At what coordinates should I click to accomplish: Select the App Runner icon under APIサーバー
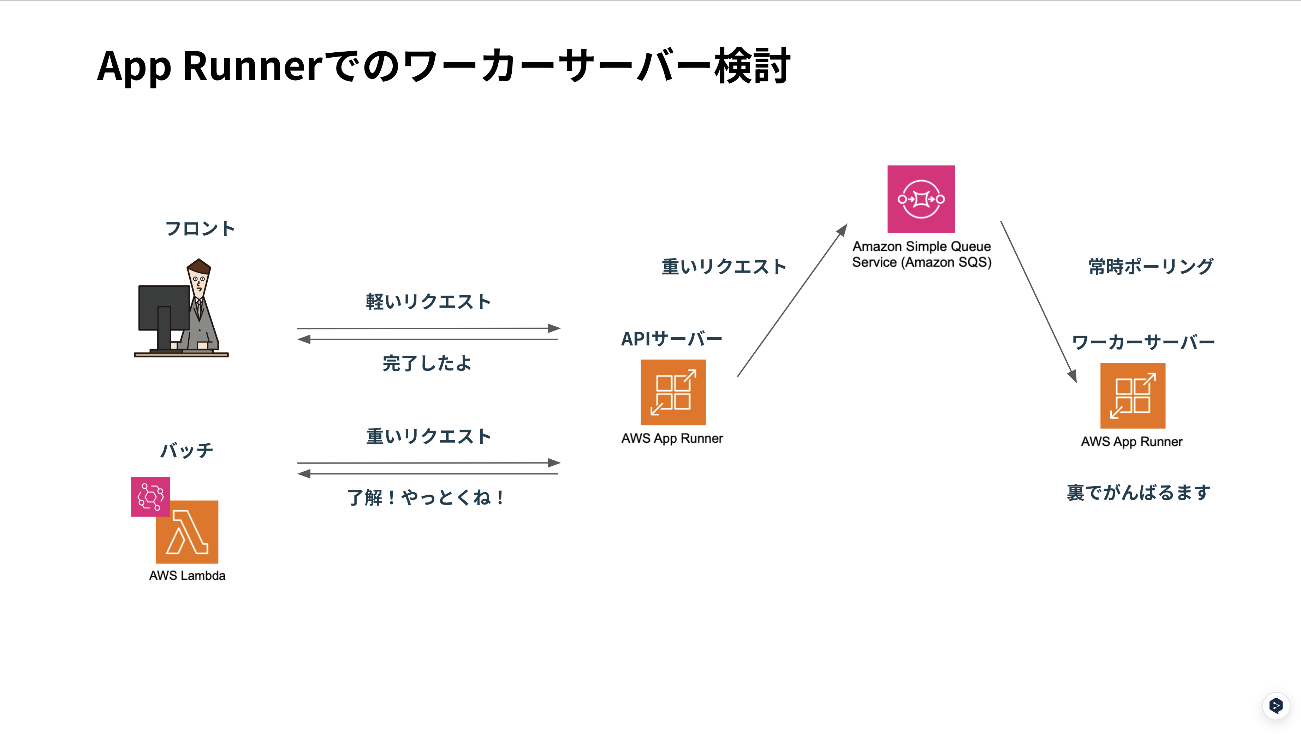click(673, 392)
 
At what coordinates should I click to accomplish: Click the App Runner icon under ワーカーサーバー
click(1132, 395)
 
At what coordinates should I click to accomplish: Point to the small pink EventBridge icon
click(150, 496)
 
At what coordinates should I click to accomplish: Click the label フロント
click(200, 228)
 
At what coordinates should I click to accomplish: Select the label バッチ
click(187, 450)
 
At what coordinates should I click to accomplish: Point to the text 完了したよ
click(427, 363)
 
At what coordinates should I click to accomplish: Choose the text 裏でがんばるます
click(1139, 493)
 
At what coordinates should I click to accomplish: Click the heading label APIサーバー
click(672, 339)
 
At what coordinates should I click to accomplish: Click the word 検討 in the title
click(752, 66)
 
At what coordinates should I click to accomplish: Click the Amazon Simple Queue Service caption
click(922, 254)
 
